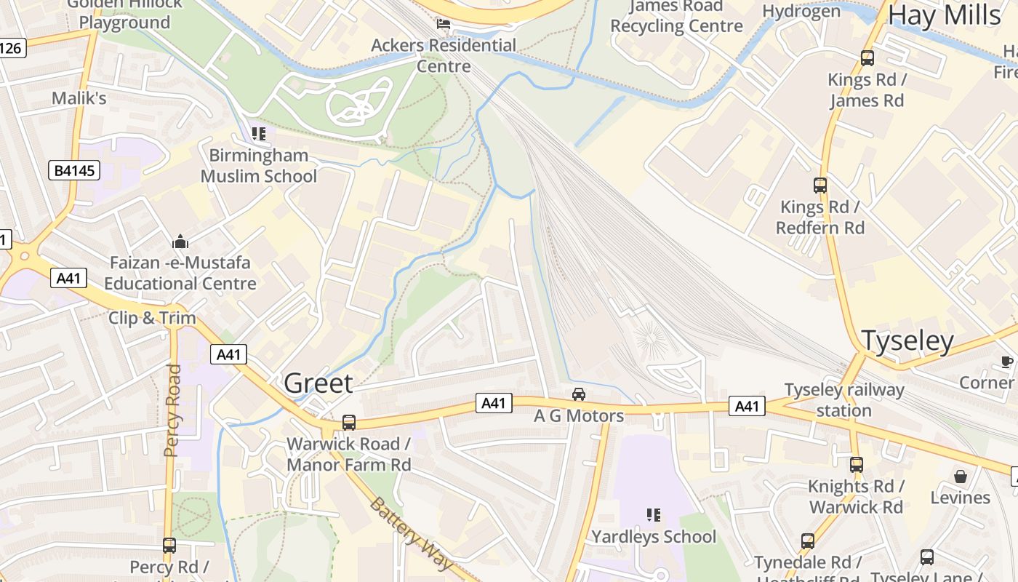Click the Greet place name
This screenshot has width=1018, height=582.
[318, 383]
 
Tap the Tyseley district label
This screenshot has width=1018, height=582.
[907, 340]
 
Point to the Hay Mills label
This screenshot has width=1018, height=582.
[945, 15]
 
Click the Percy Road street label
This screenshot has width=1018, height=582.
[172, 410]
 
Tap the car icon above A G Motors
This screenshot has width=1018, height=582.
[579, 394]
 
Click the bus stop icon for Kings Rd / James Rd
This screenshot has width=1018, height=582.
[867, 58]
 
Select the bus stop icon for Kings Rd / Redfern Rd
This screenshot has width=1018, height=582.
[820, 186]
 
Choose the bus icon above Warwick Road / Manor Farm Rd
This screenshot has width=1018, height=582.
[349, 423]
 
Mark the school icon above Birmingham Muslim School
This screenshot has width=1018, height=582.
[259, 134]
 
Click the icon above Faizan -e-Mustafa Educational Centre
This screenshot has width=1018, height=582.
[180, 241]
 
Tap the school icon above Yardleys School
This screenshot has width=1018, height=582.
[654, 515]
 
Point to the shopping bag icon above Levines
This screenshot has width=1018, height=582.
[961, 477]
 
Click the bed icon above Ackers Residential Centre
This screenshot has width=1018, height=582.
[444, 24]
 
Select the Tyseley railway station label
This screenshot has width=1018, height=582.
[844, 400]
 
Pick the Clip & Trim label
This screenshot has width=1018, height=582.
[152, 318]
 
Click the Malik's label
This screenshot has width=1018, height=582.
[79, 98]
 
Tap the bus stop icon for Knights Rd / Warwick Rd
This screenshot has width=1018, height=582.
[857, 464]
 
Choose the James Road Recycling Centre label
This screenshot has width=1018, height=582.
[676, 16]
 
